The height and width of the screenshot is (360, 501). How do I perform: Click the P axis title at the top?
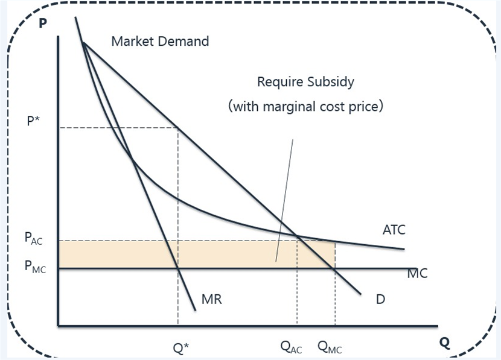point(42,25)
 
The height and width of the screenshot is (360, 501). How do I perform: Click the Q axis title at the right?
point(445,343)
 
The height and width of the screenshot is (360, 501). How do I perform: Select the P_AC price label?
point(34,239)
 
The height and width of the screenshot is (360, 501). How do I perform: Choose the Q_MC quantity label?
point(333,347)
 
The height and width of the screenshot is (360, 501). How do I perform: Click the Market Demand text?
point(160,42)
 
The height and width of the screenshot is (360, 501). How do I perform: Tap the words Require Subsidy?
point(305,82)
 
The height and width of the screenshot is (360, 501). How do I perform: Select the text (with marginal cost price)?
point(306,107)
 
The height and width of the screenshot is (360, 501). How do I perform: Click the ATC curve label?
point(394,230)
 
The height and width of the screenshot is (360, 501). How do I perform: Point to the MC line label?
point(417,274)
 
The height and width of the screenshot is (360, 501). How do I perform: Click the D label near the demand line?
point(380,298)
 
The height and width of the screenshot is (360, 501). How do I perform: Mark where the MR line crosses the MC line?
point(177,268)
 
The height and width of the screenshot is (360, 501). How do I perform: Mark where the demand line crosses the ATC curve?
point(298,235)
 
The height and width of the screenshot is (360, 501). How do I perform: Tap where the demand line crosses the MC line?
point(334,268)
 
